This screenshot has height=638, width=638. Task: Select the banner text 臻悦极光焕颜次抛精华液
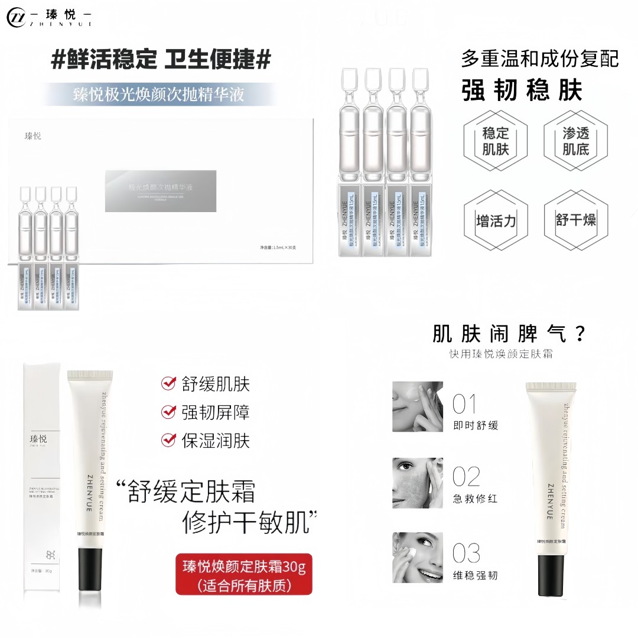click(x=158, y=95)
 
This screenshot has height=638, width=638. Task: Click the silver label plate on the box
click(x=160, y=191)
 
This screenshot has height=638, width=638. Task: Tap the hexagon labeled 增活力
click(x=495, y=221)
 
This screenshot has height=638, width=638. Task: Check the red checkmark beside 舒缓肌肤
click(x=169, y=384)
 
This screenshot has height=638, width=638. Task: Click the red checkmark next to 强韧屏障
click(x=169, y=412)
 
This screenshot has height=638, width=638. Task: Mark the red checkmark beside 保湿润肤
click(x=169, y=440)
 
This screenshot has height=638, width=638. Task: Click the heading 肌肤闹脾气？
click(x=509, y=334)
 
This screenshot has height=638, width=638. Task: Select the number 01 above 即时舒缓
click(x=464, y=405)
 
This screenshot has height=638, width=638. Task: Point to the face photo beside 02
click(x=417, y=483)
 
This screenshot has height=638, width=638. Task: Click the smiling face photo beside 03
click(x=417, y=558)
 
